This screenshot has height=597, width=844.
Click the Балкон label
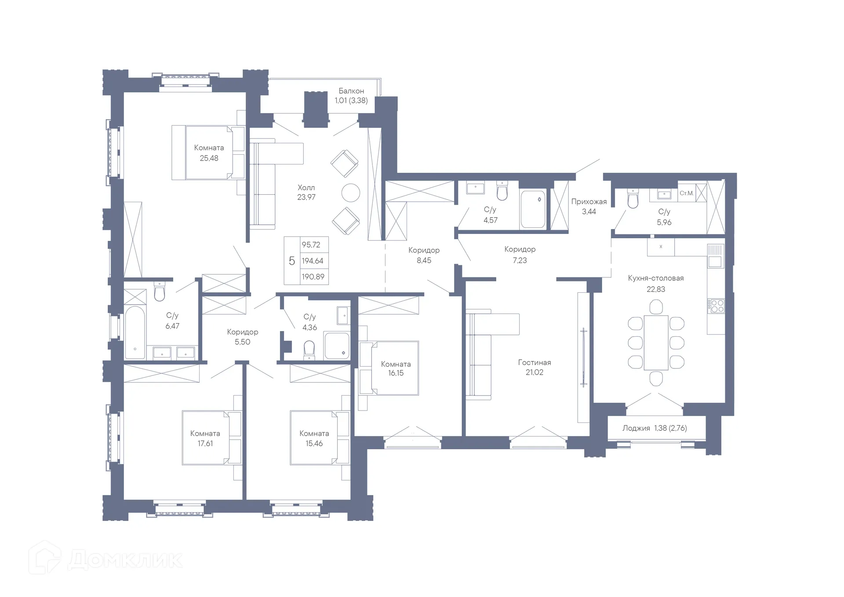pyautogui.click(x=351, y=91)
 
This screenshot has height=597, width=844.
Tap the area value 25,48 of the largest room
pyautogui.click(x=209, y=158)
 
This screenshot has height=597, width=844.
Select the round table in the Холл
pyautogui.click(x=350, y=193)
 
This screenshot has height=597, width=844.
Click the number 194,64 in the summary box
pyautogui.click(x=313, y=261)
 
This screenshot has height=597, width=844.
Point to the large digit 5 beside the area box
pyautogui.click(x=291, y=261)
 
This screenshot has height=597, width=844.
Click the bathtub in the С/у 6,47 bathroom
pyautogui.click(x=135, y=332)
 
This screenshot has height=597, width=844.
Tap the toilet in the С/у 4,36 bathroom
pyautogui.click(x=309, y=350)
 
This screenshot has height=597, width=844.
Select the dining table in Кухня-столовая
pyautogui.click(x=656, y=342)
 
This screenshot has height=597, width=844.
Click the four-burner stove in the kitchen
pyautogui.click(x=715, y=306)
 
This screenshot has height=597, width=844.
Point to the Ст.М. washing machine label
pyautogui.click(x=686, y=193)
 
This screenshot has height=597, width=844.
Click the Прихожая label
pyautogui.click(x=589, y=202)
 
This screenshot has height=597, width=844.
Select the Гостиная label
pyautogui.click(x=534, y=363)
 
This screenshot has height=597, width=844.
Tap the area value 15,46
pyautogui.click(x=314, y=444)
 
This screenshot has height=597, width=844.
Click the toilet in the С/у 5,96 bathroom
pyautogui.click(x=633, y=200)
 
